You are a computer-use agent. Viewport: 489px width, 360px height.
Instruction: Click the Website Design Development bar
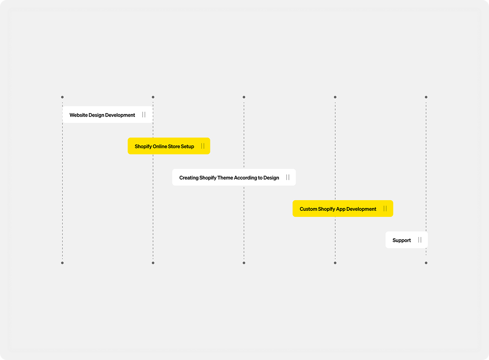point(108,115)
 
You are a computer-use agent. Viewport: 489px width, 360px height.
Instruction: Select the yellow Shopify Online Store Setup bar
point(169,146)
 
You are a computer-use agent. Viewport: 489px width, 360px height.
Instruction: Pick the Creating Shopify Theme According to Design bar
point(234,177)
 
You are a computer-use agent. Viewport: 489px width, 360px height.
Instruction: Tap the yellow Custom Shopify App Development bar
point(343,208)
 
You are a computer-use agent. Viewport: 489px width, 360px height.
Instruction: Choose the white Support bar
point(406,240)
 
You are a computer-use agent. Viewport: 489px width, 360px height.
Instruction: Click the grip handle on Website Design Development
point(144,115)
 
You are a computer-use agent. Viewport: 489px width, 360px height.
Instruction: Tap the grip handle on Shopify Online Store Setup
point(203,146)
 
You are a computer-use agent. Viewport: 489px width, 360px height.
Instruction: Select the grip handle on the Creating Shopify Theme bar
point(288,177)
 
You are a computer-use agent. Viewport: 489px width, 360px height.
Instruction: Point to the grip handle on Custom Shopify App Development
point(385,208)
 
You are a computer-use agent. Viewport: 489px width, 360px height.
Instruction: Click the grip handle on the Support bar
point(420,240)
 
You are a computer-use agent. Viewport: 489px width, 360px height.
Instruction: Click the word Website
point(78,115)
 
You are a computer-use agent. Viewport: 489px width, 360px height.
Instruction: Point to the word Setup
point(187,147)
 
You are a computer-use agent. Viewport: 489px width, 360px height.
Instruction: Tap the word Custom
point(309,209)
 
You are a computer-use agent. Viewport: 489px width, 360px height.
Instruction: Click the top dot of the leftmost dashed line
point(63,97)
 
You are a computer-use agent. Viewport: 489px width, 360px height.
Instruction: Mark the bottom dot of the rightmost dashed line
point(426,263)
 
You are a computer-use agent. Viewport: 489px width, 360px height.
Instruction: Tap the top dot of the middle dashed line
point(244,97)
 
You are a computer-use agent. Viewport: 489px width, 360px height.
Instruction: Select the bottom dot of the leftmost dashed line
point(63,263)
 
